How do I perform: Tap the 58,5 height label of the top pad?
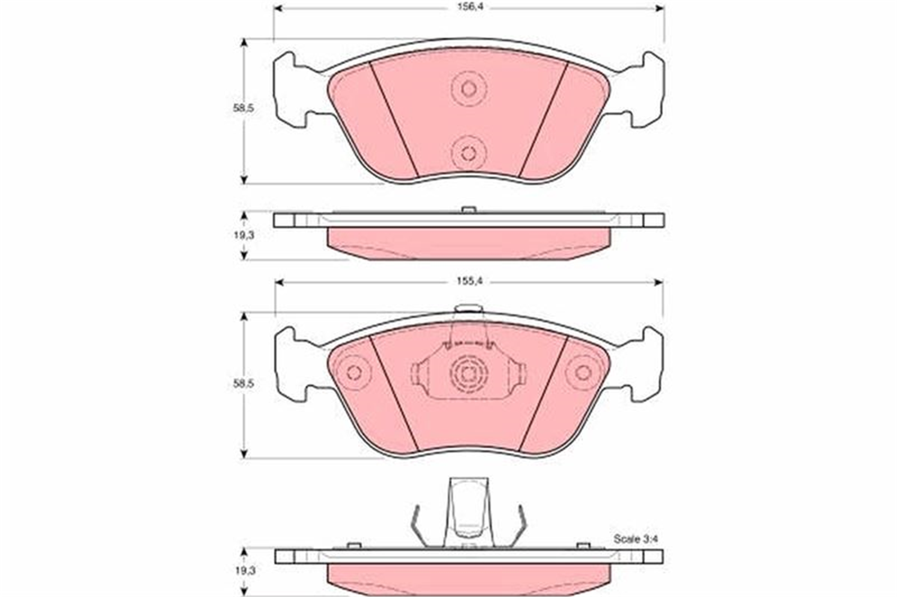coord(244,108)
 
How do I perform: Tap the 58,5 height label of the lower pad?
coord(244,384)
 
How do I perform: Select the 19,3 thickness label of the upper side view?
coord(244,235)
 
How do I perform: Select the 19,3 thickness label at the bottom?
coord(244,571)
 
